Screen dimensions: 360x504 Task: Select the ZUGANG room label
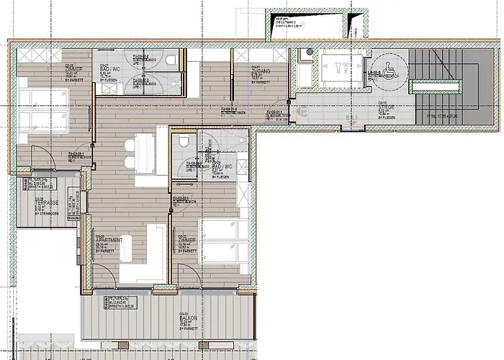(x=260, y=70)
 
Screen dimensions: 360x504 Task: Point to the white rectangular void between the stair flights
(x=433, y=86)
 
